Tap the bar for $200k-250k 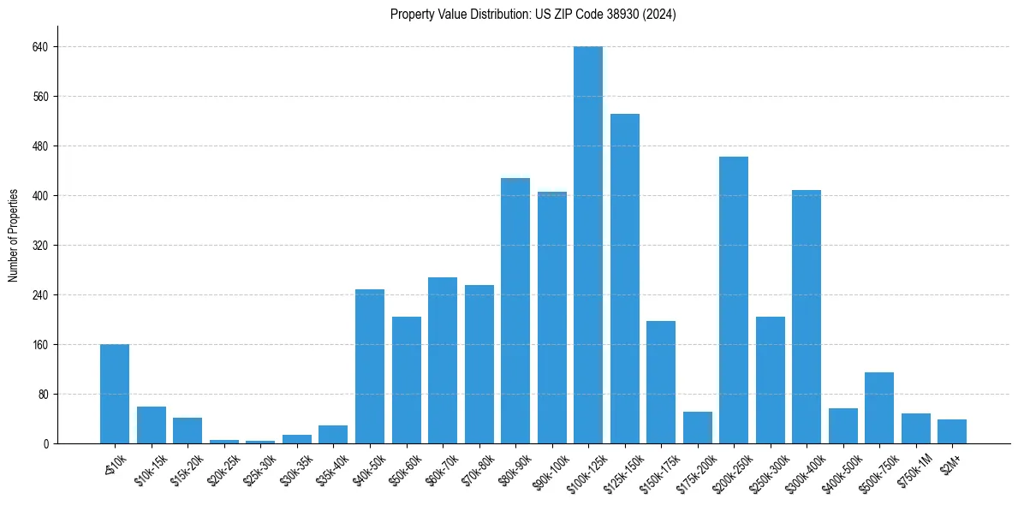coord(734,300)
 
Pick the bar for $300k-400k coord(807,317)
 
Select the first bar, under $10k coord(115,394)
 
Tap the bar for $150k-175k coord(661,382)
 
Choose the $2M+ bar coord(952,431)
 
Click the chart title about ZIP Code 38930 coord(533,15)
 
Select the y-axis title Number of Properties coord(14,235)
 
